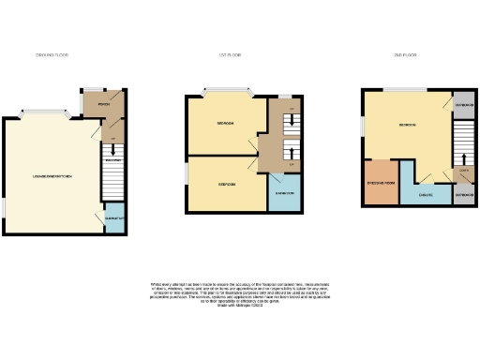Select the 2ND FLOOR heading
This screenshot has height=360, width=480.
click(x=407, y=57)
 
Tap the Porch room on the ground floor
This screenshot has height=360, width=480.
click(x=96, y=104)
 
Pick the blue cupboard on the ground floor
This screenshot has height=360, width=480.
click(x=112, y=217)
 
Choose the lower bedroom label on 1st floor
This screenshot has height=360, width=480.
click(x=226, y=185)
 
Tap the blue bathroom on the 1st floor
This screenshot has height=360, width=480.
click(x=283, y=193)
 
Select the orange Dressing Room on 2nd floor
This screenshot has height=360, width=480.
click(x=381, y=182)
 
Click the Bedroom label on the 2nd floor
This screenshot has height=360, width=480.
click(x=407, y=124)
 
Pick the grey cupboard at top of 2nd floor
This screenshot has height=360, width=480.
click(x=464, y=105)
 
